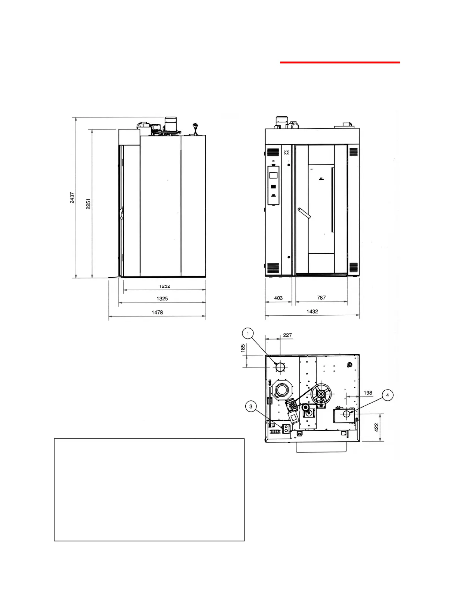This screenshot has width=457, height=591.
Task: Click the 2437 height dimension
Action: pos(72,198)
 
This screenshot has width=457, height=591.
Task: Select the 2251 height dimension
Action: pos(88,204)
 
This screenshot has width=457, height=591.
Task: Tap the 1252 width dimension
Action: pos(165,287)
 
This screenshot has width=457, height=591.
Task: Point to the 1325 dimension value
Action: pos(162,298)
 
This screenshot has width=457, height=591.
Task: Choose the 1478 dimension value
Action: pos(157,312)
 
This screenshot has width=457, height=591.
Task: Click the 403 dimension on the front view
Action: pos(278,298)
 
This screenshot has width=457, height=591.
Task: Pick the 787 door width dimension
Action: pos(321,298)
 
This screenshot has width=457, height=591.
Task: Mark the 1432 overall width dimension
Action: pos(312,312)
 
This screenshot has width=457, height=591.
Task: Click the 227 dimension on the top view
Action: pos(287,335)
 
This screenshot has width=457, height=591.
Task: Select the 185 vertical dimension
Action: pos(243,348)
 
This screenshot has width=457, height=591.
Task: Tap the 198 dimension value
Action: pos(368,393)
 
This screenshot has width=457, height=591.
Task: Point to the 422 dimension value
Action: pos(377,427)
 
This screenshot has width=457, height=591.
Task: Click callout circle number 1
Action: pos(248,333)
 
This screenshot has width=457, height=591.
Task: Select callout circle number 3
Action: pos(251,406)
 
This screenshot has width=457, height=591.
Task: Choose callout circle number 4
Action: pos(388,395)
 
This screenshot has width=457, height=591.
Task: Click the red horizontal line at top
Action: pos(340,63)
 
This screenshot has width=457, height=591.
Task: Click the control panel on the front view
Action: pos(274,185)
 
